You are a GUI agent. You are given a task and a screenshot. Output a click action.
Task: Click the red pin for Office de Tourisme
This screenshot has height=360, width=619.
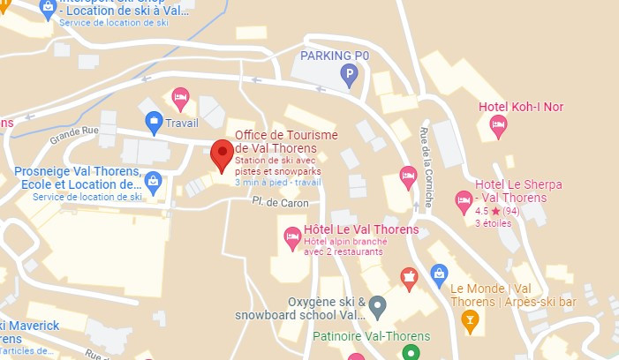[222, 156]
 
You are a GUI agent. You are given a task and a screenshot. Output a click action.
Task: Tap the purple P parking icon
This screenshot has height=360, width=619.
[350, 76]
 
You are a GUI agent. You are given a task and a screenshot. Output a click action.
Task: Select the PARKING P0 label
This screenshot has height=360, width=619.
[335, 56]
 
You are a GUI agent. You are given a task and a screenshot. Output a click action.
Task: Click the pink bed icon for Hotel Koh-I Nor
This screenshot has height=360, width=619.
[498, 125]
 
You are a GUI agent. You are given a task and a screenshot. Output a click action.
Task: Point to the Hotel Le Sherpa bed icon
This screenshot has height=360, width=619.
[464, 201]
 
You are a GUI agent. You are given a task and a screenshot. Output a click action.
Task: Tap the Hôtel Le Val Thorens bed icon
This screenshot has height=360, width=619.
[292, 236]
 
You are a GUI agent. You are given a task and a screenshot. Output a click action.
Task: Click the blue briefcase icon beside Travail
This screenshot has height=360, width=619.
[154, 123]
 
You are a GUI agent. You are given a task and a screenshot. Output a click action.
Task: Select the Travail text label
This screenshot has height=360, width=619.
[182, 124]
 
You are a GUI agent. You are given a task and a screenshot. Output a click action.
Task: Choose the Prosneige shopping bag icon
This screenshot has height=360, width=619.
[153, 183]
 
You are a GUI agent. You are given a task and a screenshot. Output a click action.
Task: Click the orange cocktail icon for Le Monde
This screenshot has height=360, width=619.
[470, 317]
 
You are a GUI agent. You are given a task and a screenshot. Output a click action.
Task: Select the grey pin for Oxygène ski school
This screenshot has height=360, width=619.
[377, 307]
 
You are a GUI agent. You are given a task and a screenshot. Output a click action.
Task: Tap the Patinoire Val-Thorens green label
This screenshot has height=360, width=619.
[371, 336]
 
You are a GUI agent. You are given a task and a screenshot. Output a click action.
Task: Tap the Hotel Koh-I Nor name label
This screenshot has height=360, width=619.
[520, 108]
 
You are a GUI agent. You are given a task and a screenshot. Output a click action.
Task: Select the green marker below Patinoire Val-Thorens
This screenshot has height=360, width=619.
[410, 353]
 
